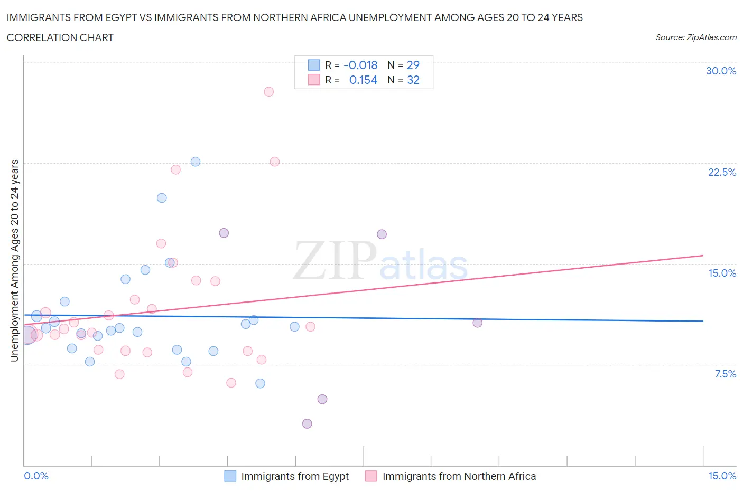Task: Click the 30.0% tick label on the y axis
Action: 721,71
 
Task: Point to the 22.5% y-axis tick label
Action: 722,172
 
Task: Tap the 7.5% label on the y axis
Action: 725,374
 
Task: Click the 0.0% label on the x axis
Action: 36,476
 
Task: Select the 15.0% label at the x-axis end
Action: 722,476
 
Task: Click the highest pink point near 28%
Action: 268,91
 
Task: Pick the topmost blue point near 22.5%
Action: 196,162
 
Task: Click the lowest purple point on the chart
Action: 307,423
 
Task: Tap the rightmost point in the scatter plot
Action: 477,323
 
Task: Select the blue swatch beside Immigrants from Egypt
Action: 230,476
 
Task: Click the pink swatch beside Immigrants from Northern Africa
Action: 371,476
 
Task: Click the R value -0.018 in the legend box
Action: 360,65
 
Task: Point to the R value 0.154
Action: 363,80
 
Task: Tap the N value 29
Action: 413,65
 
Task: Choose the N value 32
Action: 413,80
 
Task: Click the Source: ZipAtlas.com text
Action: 695,37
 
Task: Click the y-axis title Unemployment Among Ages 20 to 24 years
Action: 15,260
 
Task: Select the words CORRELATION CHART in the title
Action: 60,37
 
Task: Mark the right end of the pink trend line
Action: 703,256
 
